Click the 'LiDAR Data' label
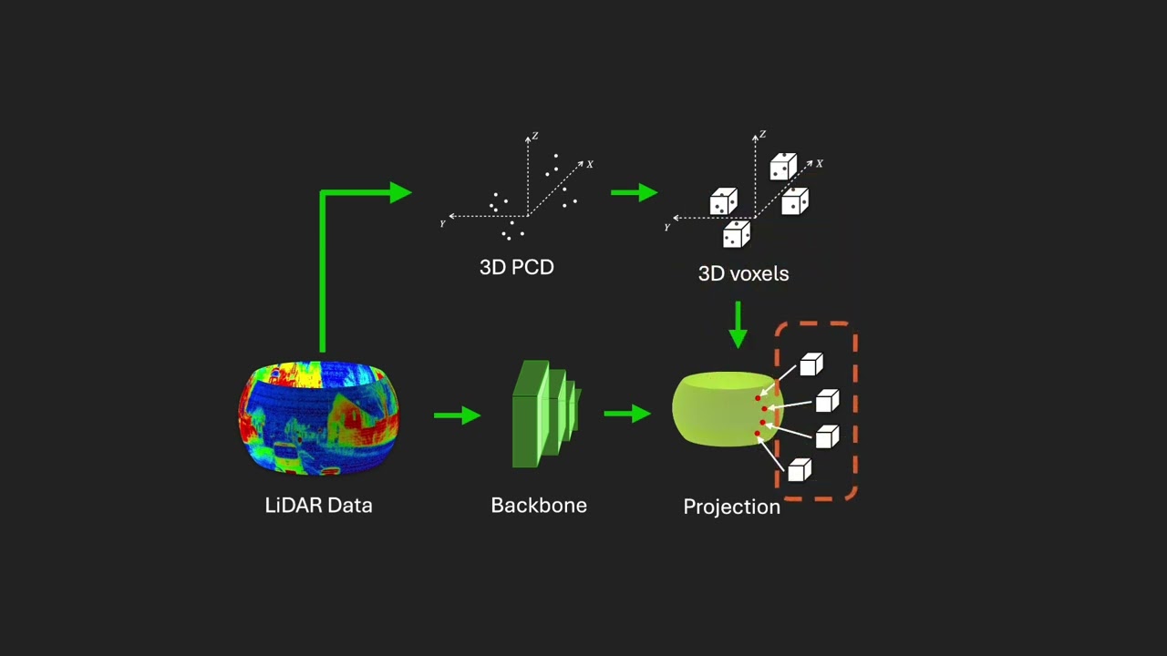coord(318,505)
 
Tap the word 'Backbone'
coord(539,505)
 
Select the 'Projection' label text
coord(731,507)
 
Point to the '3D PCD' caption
coord(516,267)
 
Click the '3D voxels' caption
coord(743,273)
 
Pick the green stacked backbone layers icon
coord(546,414)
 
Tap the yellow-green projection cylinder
coord(728,409)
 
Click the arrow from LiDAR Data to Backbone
coord(458,415)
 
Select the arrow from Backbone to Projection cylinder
coord(627,414)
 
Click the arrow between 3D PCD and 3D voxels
coord(634,192)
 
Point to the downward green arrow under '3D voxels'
coord(738,325)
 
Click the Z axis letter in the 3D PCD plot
coord(535,136)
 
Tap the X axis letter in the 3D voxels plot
coord(820,163)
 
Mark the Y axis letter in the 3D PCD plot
coord(442,224)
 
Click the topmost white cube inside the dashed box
coord(811,364)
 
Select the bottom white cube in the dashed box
coord(800,470)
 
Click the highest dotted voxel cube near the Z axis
coord(783,167)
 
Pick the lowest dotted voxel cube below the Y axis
coord(737,234)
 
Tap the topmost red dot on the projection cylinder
coord(758,398)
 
